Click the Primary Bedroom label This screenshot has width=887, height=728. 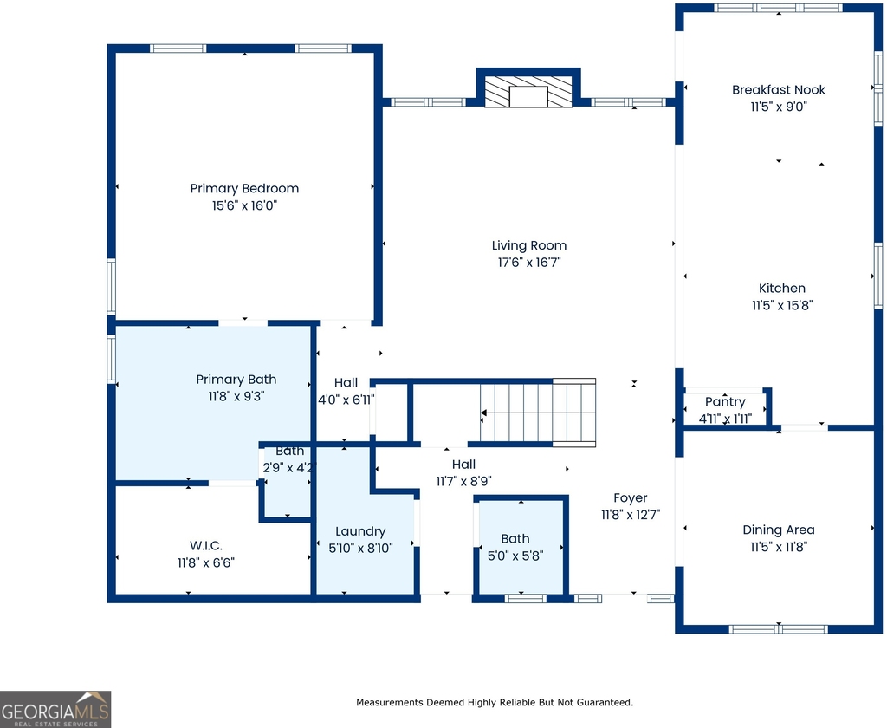[x=244, y=189]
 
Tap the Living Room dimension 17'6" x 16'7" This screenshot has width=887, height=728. [x=529, y=262]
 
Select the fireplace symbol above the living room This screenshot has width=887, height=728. [x=529, y=92]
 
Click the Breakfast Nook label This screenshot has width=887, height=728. [x=779, y=89]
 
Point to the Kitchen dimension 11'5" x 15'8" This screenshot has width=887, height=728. [x=782, y=305]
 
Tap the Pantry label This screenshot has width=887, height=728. [x=725, y=402]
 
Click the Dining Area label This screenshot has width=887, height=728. [x=779, y=530]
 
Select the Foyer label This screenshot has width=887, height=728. [x=631, y=498]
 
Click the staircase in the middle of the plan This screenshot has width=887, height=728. [x=537, y=413]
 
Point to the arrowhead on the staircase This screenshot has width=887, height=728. [x=483, y=413]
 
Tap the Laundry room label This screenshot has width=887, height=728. [x=360, y=531]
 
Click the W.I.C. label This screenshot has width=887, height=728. [x=206, y=546]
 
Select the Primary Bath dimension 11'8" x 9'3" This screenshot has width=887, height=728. [x=236, y=396]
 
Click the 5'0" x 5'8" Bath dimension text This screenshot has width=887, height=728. [x=515, y=556]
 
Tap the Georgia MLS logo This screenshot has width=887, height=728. [x=55, y=709]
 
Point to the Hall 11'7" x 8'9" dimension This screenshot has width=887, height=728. [x=463, y=481]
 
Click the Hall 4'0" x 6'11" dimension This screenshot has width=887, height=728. [x=346, y=400]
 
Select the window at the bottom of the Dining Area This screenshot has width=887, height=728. [x=779, y=629]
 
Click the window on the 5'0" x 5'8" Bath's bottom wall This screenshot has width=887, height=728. [x=526, y=598]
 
